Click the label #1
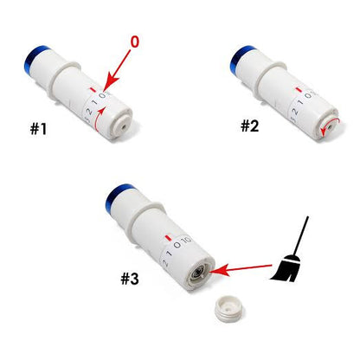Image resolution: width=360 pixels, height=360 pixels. [38, 129]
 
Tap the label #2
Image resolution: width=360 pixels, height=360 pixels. [250, 125]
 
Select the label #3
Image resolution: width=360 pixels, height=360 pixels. [130, 279]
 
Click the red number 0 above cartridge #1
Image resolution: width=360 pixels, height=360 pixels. [135, 42]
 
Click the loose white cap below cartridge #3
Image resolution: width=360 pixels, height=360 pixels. [228, 309]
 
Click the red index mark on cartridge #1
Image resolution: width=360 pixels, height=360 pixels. [93, 89]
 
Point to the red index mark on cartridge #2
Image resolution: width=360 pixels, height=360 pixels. [299, 90]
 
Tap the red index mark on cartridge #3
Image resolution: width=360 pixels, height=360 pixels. [168, 238]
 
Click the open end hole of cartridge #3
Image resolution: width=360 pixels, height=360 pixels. [199, 272]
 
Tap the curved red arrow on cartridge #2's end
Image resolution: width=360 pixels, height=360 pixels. [331, 126]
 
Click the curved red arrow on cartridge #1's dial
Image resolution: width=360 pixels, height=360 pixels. [99, 120]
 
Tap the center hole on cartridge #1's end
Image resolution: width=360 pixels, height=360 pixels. [124, 126]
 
